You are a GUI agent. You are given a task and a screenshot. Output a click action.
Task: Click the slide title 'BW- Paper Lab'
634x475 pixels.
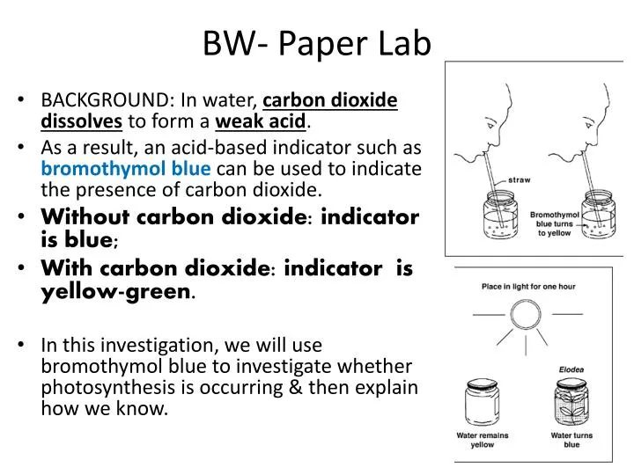tap(317, 42)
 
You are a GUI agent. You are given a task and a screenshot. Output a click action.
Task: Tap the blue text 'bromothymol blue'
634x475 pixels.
tap(125, 168)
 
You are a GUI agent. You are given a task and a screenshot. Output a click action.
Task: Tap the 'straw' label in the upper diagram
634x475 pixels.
tap(520, 181)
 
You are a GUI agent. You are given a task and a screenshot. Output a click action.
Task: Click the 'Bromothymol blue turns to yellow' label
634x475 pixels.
tap(555, 223)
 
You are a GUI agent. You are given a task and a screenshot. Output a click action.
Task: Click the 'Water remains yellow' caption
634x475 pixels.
tap(481, 440)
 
